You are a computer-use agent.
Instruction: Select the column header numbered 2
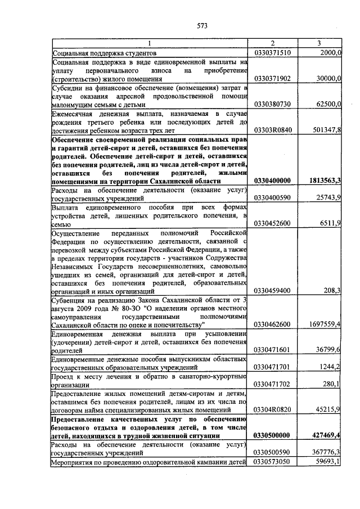point(272,43)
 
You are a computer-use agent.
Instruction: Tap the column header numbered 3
point(319,43)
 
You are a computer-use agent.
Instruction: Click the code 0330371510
point(272,52)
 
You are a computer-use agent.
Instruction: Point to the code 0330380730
point(272,104)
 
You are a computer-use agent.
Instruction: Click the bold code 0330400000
point(273,181)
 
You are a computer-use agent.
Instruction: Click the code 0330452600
point(272,224)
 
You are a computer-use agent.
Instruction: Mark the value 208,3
point(332,290)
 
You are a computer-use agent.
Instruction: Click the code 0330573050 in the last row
point(272,461)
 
